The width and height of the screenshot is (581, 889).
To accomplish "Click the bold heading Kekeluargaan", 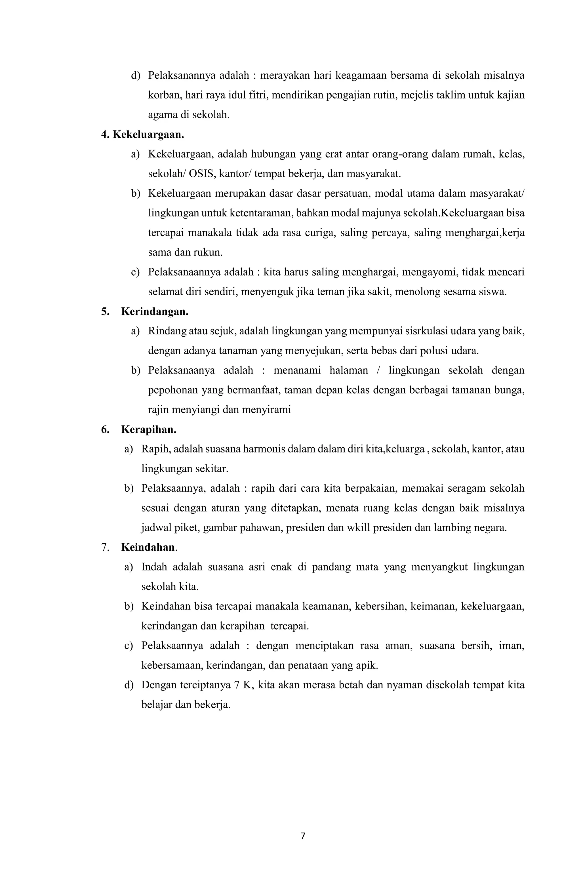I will pos(148,135).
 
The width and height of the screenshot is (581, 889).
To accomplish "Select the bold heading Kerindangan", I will pos(154,312).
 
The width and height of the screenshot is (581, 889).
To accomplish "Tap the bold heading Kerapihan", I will pos(148,429).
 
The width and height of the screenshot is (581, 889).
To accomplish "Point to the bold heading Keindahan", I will pos(148,548).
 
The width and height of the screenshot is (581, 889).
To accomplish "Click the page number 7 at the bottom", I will pos(302,836).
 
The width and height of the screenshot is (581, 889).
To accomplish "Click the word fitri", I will pos(257,95).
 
